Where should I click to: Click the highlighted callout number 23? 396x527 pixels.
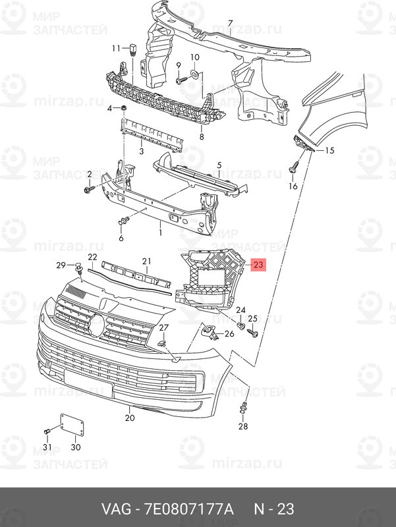tap(258, 265)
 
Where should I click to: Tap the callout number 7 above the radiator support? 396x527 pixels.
tap(230, 24)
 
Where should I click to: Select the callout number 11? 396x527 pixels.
tap(116, 49)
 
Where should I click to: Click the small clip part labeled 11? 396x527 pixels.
tap(133, 49)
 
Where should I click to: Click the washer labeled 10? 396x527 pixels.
tap(195, 73)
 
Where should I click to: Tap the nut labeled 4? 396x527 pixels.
tap(124, 108)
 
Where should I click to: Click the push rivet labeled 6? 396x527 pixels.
tap(124, 221)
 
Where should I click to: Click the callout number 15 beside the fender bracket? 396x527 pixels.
tap(329, 150)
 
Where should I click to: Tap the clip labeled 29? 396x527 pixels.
tap(78, 269)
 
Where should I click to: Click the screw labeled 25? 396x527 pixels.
tap(252, 333)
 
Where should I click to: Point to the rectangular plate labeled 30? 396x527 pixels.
tap(72, 425)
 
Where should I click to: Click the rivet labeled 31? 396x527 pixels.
tap(47, 431)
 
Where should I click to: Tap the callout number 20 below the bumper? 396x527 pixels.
tap(129, 418)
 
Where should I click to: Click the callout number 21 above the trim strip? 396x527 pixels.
tap(146, 261)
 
